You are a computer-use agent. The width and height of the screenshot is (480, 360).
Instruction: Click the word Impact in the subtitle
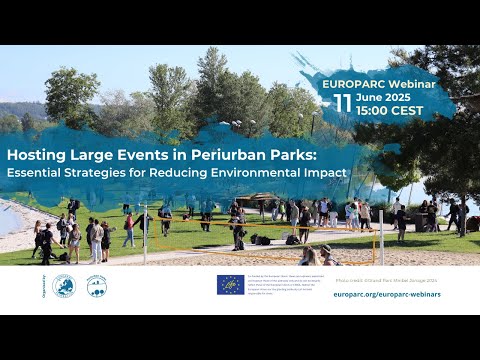(x=325, y=172)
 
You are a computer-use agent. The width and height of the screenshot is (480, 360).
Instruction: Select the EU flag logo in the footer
(x=231, y=284)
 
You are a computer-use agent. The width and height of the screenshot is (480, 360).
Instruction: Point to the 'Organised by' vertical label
(x=44, y=286)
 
